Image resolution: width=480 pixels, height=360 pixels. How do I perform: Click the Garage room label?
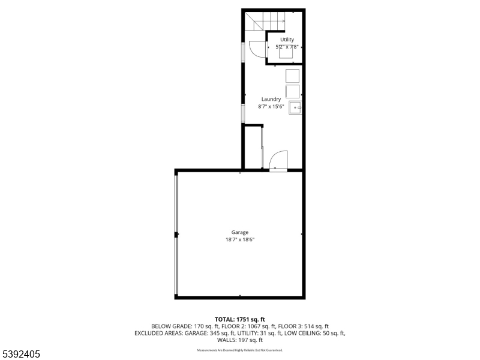pos(240,232)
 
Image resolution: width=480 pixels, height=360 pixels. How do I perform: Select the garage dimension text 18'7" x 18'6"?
pos(240,240)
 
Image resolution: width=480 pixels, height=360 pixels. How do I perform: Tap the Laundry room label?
pos(271,99)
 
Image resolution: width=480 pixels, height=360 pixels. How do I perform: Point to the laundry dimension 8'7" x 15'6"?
pos(271,106)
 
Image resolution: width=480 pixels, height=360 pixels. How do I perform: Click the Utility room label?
pos(287,40)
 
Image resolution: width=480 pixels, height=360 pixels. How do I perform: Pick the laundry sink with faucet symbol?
pos(295,107)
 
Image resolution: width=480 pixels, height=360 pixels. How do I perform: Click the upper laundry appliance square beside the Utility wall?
pos(292,76)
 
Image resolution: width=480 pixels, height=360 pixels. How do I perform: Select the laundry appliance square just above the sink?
pos(292,91)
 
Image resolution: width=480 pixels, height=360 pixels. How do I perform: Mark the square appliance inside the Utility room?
pos(286,53)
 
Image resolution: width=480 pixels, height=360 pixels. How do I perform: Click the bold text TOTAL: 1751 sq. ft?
pos(240,319)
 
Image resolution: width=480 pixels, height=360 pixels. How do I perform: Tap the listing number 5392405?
pos(20,354)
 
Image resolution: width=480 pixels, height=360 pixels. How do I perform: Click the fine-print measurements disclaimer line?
pos(240,350)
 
